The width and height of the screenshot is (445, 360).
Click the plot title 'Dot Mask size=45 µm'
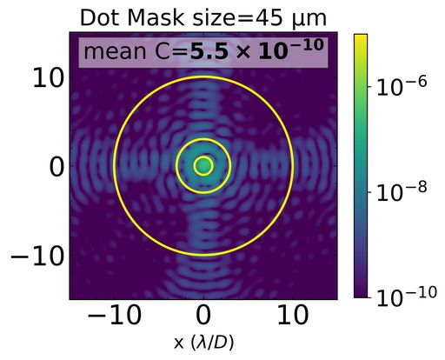click(203, 17)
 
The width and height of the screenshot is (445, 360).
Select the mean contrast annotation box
click(203, 52)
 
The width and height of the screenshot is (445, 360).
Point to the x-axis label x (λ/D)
click(203, 343)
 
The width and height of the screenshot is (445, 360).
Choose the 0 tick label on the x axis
click(203, 317)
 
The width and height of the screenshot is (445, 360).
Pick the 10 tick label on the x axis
click(293, 317)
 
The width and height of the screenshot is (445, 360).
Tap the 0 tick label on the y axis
click(54, 166)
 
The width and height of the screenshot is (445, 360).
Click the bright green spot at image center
click(203, 165)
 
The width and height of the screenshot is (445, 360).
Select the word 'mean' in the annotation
click(114, 53)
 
